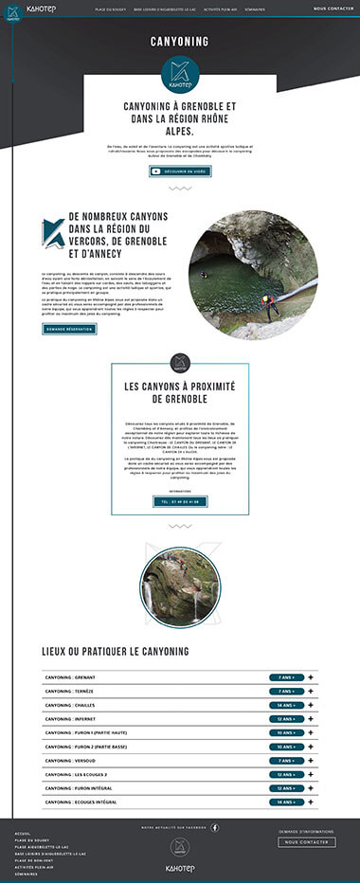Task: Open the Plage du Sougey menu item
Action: click(112, 9)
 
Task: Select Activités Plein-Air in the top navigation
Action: click(219, 9)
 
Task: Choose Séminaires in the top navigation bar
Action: click(255, 9)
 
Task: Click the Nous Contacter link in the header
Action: click(333, 9)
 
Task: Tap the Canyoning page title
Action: click(180, 42)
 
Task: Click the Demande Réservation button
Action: click(69, 329)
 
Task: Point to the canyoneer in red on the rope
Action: click(271, 304)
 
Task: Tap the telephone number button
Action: click(180, 501)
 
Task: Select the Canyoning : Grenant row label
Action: click(71, 677)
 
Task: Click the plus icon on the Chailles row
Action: click(296, 705)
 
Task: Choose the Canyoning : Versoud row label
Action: click(70, 760)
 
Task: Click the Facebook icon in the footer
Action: click(214, 827)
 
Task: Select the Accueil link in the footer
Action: click(23, 833)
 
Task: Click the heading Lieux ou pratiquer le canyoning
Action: click(116, 652)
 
